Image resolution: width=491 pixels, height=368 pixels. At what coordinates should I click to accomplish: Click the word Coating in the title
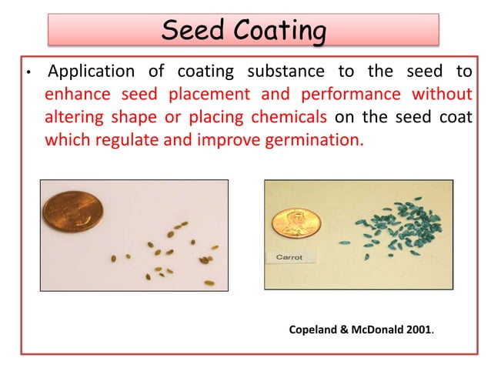coord(278,33)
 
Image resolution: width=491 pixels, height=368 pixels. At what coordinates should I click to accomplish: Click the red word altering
coord(70,119)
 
